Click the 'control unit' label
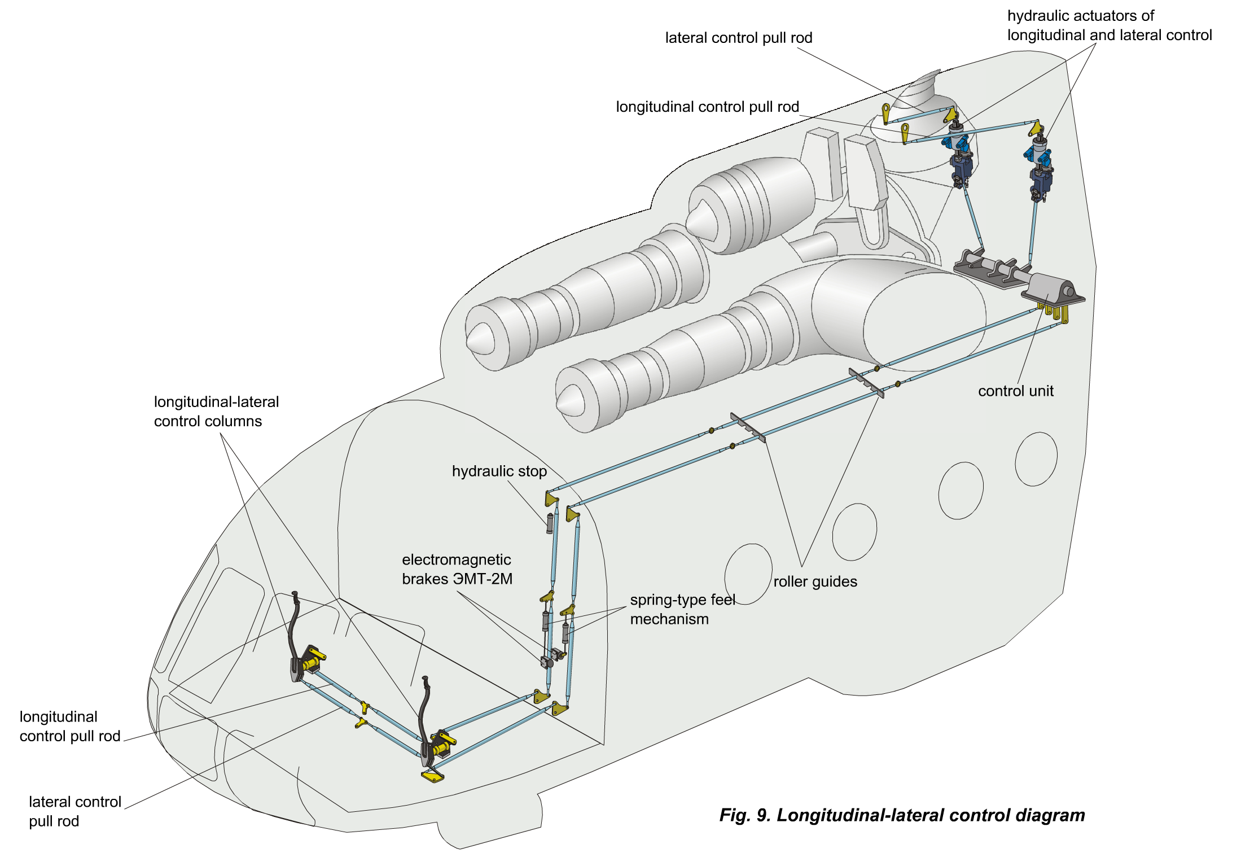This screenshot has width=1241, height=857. point(1015,391)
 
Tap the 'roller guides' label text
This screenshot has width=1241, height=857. point(815,581)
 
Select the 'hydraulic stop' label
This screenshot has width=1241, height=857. point(499,471)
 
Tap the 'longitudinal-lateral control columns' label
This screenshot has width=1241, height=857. point(216,412)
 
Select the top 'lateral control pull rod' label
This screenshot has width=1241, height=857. point(738,38)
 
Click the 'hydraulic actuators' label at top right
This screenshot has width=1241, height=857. point(1109,25)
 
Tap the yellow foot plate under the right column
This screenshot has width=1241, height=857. point(432,776)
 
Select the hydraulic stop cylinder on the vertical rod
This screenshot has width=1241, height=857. point(550,522)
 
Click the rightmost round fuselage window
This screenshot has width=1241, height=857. point(1036,459)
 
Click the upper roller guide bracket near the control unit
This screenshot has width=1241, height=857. point(866,382)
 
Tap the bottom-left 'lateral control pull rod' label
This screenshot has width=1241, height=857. point(74,811)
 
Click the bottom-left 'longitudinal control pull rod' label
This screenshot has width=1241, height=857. point(69,726)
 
